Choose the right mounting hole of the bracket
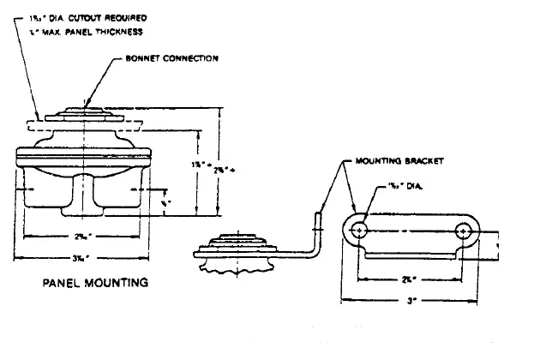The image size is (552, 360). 465,231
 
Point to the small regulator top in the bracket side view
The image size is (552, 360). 234,243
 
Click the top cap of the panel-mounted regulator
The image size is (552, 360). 84,115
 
